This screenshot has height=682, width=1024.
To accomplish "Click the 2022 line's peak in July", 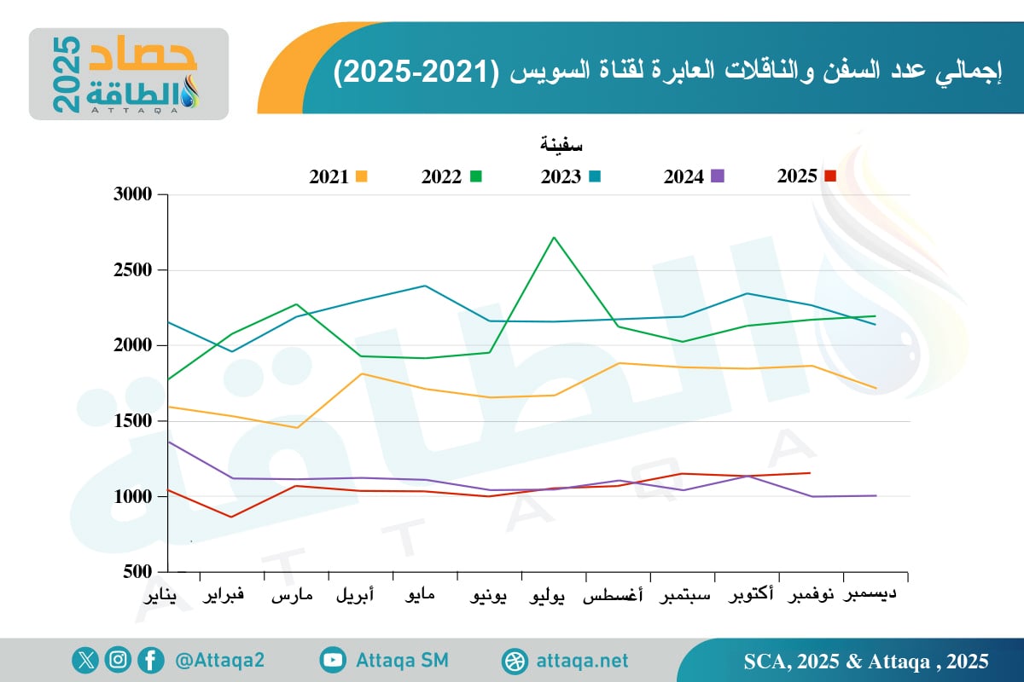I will tap(554, 238).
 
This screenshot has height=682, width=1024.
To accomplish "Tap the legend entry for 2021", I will tap(338, 177).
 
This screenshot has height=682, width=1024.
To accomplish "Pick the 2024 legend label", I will tap(684, 177).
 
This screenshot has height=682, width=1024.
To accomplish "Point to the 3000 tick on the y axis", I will tap(132, 195).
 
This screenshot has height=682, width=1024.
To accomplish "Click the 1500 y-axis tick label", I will tap(132, 421).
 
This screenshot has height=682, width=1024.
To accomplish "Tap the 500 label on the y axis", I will tap(137, 572).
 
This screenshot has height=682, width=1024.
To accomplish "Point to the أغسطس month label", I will tap(614, 596).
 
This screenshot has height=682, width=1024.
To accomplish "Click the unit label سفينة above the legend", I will tap(561, 145).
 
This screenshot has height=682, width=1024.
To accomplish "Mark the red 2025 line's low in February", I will tap(231, 517).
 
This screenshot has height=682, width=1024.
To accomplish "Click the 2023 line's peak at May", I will tap(425, 286).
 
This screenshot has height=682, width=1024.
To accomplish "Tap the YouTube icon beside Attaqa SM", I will tap(332, 660).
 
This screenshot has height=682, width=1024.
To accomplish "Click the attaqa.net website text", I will tap(582, 661).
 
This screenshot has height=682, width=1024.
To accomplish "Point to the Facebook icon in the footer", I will tap(150, 660).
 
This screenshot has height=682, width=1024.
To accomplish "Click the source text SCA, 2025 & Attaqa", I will tap(865, 661).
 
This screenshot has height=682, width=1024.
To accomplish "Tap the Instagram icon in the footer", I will tap(118, 660).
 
